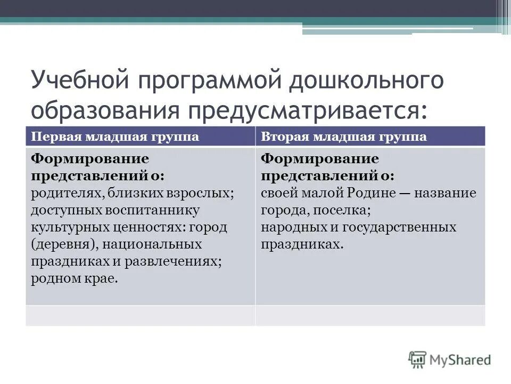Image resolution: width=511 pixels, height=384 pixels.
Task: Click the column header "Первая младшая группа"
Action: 115,136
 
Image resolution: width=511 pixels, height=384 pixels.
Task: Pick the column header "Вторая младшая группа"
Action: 344,136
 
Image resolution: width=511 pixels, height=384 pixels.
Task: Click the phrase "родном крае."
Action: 74,278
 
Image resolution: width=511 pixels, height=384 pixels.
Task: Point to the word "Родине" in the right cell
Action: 373,193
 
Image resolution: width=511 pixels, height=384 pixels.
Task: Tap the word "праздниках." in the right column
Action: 302,244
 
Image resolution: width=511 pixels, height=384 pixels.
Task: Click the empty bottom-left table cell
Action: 140,315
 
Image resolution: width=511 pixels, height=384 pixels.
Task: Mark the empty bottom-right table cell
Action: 370,315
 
